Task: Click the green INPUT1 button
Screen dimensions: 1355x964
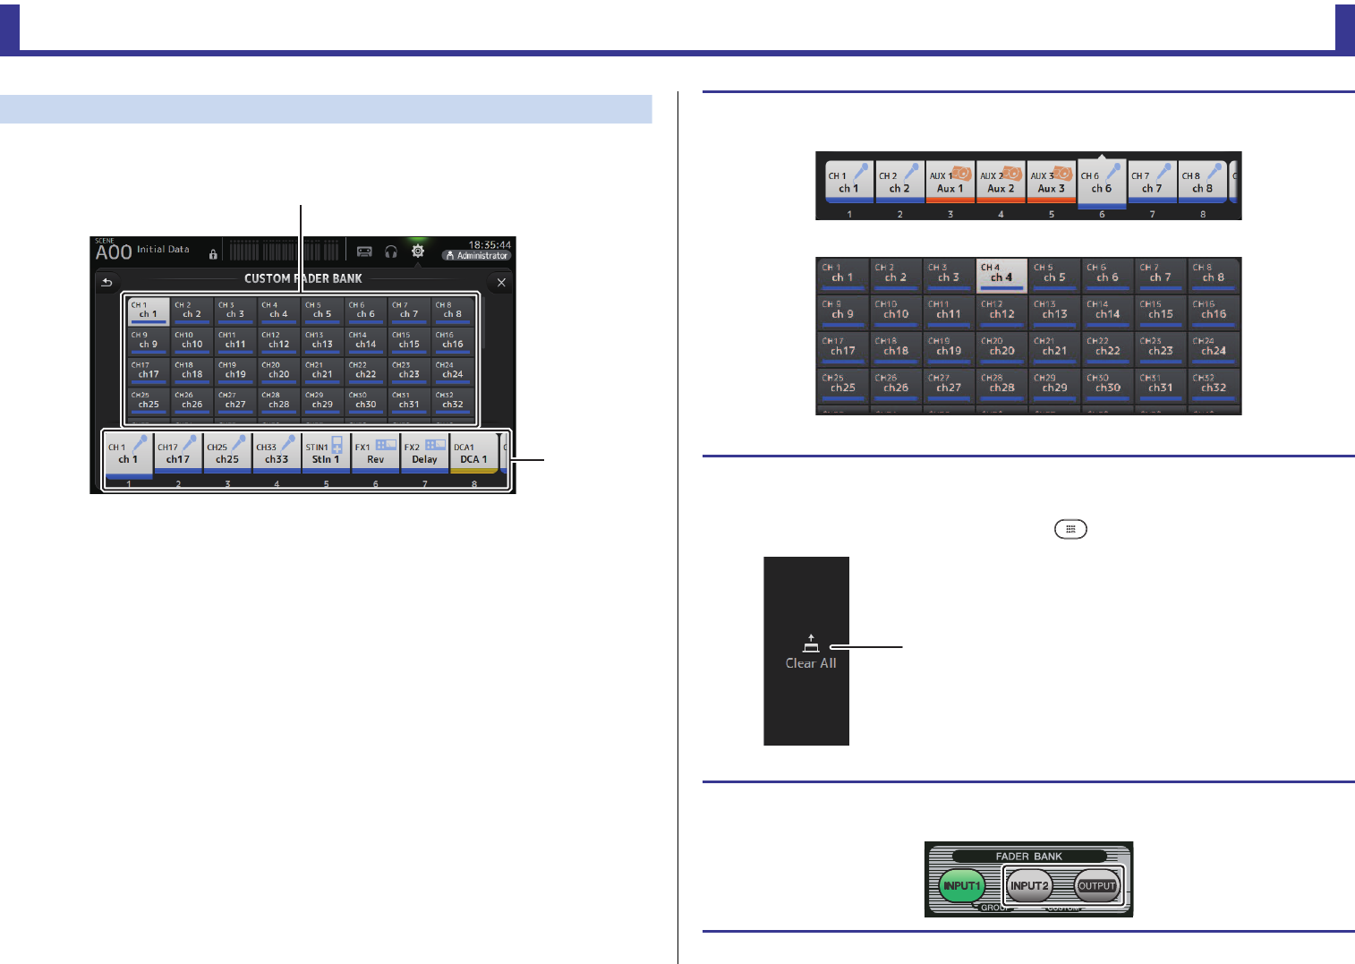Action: click(x=960, y=886)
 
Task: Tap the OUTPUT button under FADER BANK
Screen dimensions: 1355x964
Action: click(x=1096, y=886)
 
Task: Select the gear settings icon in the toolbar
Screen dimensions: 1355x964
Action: click(x=417, y=252)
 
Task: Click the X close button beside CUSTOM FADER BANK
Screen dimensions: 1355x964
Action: click(x=501, y=282)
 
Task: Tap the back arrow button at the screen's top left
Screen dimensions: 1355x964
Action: click(x=107, y=282)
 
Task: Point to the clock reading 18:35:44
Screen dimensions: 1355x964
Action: click(x=490, y=244)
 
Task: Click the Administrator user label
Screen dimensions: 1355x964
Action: click(x=477, y=256)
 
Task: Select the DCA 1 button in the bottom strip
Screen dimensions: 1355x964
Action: click(x=473, y=454)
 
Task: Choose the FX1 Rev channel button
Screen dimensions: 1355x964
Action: click(x=375, y=454)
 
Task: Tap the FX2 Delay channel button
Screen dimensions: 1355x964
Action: click(x=424, y=454)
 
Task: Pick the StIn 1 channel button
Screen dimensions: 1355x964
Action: click(x=326, y=454)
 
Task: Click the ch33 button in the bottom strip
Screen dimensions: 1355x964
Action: click(x=277, y=454)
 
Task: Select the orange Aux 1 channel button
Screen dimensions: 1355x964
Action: click(x=950, y=183)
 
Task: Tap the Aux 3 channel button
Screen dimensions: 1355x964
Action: click(x=1051, y=183)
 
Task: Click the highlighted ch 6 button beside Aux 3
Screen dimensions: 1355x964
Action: click(x=1101, y=183)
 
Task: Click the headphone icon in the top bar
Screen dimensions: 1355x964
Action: click(x=390, y=252)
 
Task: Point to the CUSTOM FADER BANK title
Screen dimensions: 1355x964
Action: click(x=303, y=279)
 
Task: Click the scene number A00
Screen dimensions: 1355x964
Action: click(x=114, y=252)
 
